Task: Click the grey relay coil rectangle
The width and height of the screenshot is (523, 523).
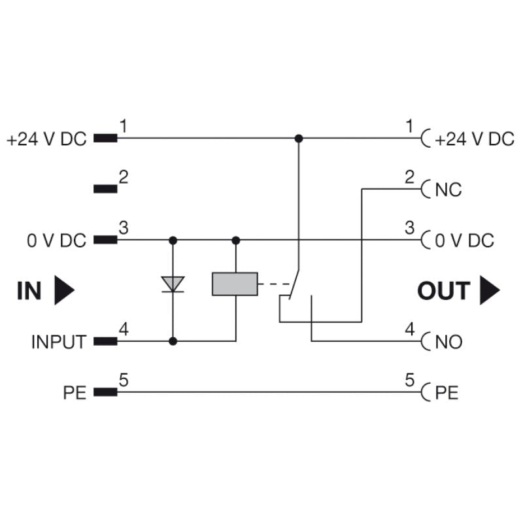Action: click(235, 284)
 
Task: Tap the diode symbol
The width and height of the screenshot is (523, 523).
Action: click(173, 284)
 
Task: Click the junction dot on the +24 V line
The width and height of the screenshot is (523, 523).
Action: click(299, 139)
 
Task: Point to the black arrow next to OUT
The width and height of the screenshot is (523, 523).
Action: click(490, 290)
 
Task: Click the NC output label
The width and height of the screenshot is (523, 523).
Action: click(448, 190)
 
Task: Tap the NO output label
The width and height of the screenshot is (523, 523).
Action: click(449, 341)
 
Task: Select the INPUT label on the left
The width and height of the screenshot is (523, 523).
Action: click(58, 341)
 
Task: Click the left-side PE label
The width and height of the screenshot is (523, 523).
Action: click(75, 392)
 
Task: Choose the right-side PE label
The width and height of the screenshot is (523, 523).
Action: click(447, 392)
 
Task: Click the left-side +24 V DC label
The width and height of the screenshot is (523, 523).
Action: click(46, 139)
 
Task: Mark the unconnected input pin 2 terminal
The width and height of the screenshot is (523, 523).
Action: click(106, 189)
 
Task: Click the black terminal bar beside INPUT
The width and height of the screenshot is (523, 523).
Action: click(106, 341)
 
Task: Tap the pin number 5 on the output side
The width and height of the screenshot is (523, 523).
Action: click(410, 379)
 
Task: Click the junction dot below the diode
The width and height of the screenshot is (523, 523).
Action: click(173, 341)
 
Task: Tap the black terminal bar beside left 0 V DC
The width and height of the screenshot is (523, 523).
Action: click(106, 240)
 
